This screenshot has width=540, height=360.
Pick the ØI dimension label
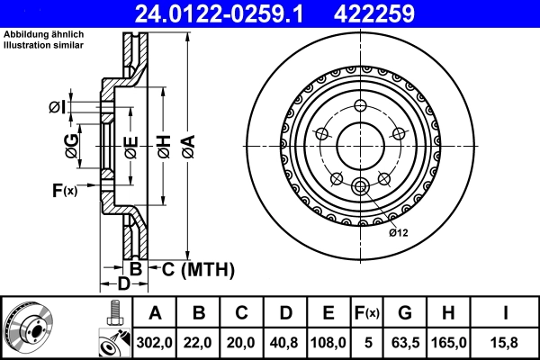point(58,108)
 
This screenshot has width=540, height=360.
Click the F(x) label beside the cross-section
point(64,190)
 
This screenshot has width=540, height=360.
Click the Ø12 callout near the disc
point(399,233)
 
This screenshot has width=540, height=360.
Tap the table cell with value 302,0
point(155,343)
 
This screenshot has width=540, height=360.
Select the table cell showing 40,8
point(285,343)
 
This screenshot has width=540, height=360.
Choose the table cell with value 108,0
point(328,343)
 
